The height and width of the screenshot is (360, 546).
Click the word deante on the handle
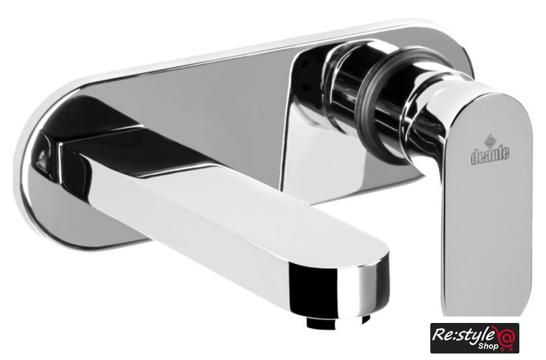coord(490,155)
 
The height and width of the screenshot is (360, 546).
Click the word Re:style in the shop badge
coord(463,334)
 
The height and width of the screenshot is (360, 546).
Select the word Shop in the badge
coord(488,347)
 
